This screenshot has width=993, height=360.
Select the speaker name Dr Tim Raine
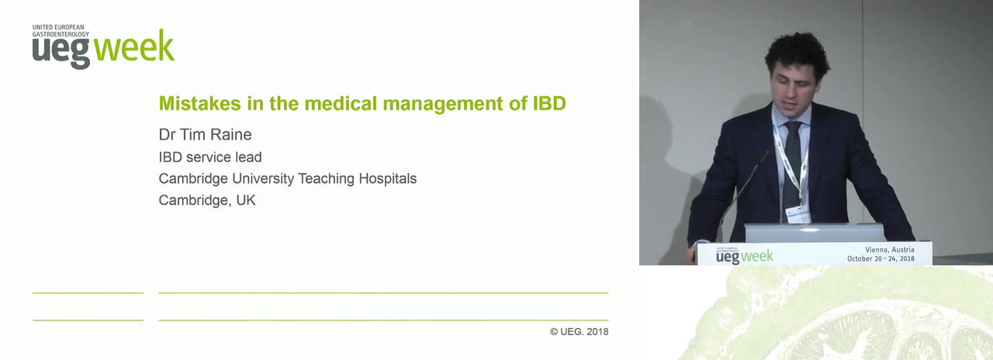tap(206, 134)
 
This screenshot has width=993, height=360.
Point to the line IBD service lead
tap(210, 157)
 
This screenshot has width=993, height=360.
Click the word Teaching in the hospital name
tap(326, 178)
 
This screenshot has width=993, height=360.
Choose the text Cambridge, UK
tap(207, 200)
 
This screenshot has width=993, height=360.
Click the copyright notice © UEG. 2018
tap(579, 331)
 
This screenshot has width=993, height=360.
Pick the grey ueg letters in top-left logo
tap(61, 52)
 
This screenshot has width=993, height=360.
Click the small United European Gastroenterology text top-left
tap(61, 30)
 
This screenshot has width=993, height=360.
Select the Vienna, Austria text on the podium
tap(890, 250)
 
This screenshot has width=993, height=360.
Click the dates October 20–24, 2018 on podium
tap(881, 258)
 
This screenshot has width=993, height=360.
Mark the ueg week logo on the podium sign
tap(744, 255)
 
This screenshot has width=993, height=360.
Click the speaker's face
tap(793, 92)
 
